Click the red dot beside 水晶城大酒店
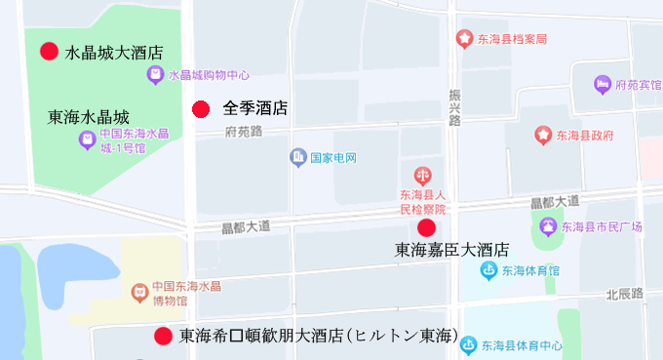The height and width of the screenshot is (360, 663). click(x=49, y=52)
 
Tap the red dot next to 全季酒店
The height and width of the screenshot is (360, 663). click(x=201, y=109)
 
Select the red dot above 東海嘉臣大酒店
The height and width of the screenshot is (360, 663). click(x=426, y=228)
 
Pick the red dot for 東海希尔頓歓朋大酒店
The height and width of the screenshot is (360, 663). click(x=164, y=336)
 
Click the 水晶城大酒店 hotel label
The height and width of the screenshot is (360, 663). click(x=113, y=53)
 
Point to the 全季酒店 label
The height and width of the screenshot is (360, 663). click(x=254, y=109)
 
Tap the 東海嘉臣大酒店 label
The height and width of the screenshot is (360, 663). click(x=451, y=250)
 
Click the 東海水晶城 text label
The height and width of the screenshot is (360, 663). click(x=88, y=116)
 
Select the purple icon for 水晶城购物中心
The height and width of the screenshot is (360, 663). click(x=155, y=75)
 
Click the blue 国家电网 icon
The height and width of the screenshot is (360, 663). click(x=297, y=157)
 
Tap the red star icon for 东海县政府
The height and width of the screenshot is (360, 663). click(x=542, y=136)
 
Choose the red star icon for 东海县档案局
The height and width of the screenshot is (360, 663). click(x=465, y=39)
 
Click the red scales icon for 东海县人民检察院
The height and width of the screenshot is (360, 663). click(x=422, y=177)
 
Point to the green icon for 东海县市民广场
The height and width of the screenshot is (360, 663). click(x=548, y=228)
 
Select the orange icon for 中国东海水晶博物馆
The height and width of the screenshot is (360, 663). click(x=139, y=290)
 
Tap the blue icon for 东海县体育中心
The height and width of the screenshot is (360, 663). click(x=469, y=344)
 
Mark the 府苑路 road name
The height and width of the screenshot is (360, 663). click(x=244, y=131)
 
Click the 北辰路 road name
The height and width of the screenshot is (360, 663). click(x=625, y=293)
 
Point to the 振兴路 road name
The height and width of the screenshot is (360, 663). click(x=454, y=105)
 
